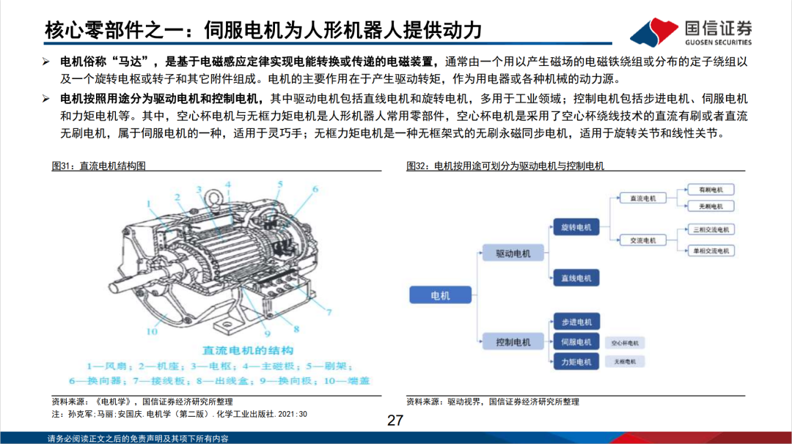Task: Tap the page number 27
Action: point(395,421)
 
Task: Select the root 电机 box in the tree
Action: point(440,295)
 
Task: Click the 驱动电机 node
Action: point(513,254)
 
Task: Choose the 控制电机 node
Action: point(513,341)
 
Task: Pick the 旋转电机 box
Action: point(575,228)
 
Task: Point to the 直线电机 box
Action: point(575,278)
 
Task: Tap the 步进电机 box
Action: point(575,322)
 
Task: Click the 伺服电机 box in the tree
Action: point(575,341)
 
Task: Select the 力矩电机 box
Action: point(575,361)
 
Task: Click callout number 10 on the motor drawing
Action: point(151,331)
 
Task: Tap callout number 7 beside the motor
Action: point(329,311)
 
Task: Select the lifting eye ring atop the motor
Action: point(216,196)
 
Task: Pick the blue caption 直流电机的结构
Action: point(238,350)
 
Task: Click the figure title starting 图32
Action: point(505,166)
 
